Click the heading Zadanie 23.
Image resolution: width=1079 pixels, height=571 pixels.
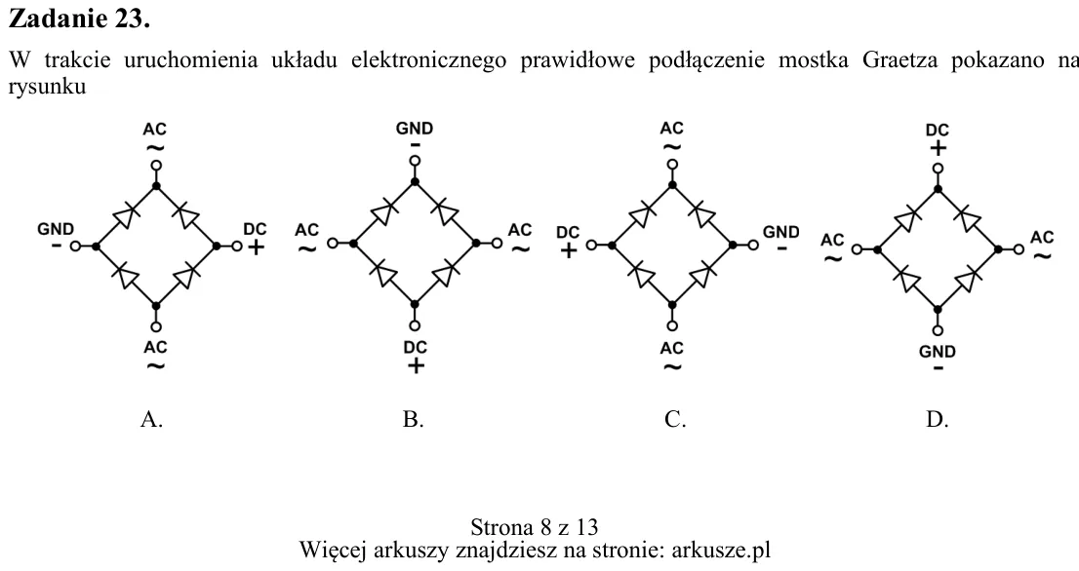click(78, 19)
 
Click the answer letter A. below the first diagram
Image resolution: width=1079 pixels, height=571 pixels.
click(151, 419)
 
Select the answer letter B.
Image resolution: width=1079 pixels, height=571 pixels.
click(413, 419)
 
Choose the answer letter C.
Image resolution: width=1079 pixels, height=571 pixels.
click(675, 419)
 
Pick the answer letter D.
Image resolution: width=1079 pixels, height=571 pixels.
click(938, 419)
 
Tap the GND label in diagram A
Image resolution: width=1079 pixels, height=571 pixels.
click(55, 229)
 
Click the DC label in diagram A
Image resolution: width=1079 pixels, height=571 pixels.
click(255, 229)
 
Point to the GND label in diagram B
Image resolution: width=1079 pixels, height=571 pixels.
click(415, 129)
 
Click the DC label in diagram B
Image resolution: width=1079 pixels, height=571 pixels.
click(415, 347)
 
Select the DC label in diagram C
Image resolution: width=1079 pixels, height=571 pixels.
click(568, 233)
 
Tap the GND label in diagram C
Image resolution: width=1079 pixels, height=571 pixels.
click(781, 232)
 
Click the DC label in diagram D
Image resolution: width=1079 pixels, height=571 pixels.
click(938, 130)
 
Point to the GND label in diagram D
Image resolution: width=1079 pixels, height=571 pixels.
click(938, 352)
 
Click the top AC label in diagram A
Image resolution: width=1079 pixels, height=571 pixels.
click(155, 130)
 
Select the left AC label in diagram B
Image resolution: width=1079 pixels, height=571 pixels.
click(307, 230)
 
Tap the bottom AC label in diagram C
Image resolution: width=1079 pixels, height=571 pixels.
click(671, 349)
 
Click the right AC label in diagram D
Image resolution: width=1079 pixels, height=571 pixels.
click(1042, 238)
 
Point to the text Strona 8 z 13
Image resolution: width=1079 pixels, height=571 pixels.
click(534, 527)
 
